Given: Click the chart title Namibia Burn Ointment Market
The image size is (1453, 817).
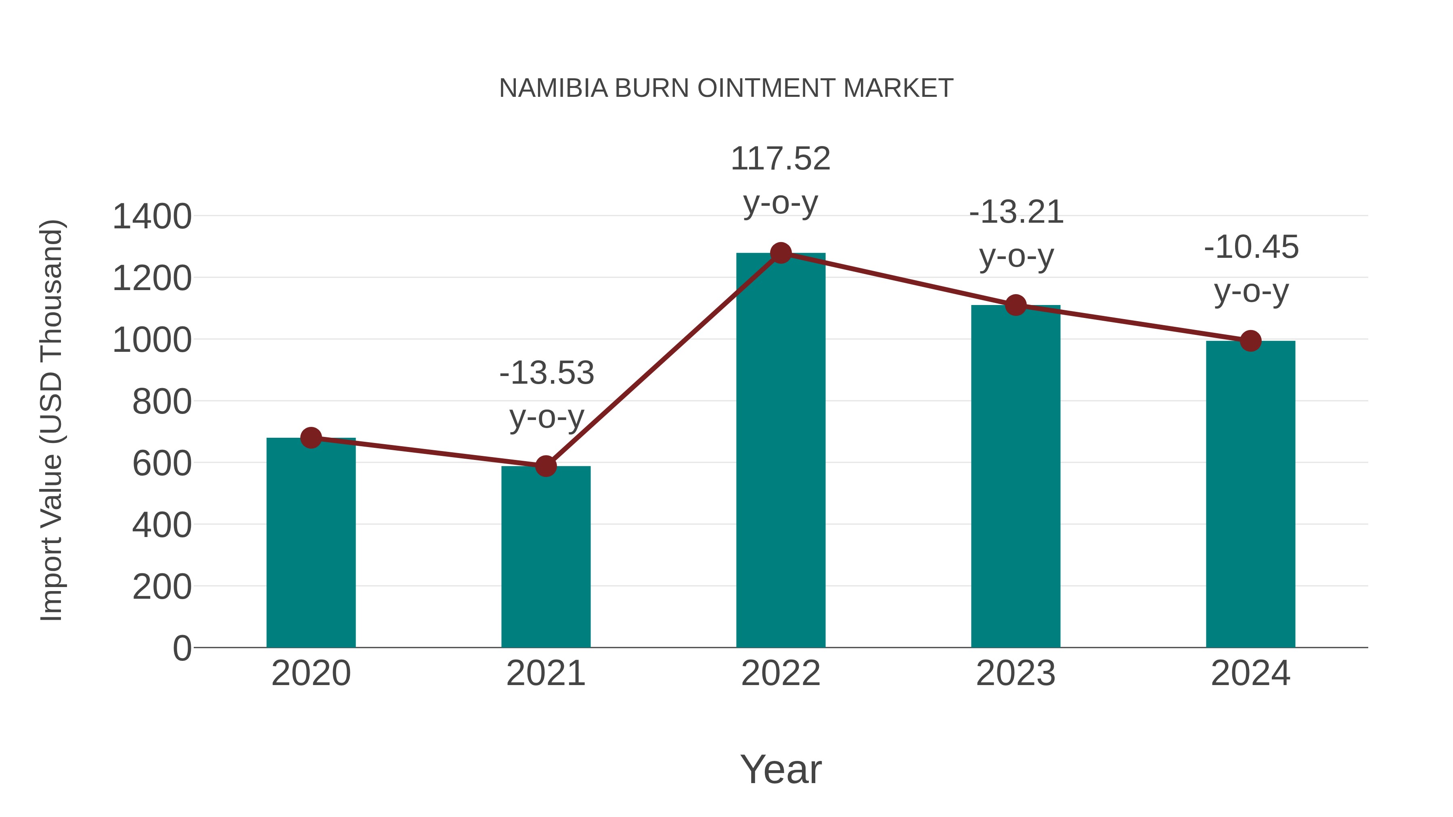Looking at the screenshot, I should pyautogui.click(x=726, y=88).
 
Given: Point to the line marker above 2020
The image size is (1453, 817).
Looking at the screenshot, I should pyautogui.click(x=311, y=437).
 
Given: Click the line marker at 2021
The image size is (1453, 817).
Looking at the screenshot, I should pyautogui.click(x=545, y=466).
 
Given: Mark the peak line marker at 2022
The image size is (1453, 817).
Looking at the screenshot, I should pyautogui.click(x=781, y=253).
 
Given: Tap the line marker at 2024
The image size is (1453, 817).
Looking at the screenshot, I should pyautogui.click(x=1250, y=341).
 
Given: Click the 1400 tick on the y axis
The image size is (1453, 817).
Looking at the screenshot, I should pyautogui.click(x=152, y=217).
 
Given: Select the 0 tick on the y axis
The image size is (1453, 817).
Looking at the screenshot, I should pyautogui.click(x=182, y=648).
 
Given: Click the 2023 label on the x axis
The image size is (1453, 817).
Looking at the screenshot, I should pyautogui.click(x=1015, y=673).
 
